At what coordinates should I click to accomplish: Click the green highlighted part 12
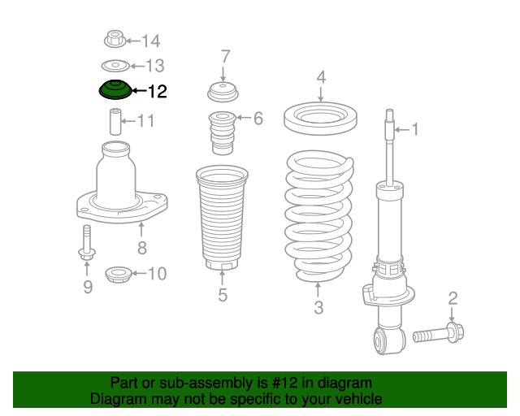click(x=115, y=89)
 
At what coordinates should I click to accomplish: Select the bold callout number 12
click(x=157, y=91)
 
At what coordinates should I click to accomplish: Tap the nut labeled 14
click(x=115, y=39)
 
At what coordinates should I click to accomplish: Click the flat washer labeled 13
click(x=115, y=66)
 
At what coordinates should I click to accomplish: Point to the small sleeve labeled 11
click(x=115, y=121)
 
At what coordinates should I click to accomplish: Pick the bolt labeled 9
click(x=87, y=243)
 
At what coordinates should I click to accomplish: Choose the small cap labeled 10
click(x=118, y=275)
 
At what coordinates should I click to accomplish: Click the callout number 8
click(x=142, y=248)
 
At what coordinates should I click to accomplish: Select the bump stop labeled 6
click(x=222, y=132)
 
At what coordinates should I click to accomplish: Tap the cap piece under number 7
click(x=223, y=92)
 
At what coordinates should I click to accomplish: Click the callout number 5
click(x=223, y=295)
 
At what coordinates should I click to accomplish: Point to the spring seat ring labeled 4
click(x=320, y=118)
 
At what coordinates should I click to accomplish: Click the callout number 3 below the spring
click(x=318, y=307)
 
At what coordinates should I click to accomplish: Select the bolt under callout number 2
click(x=439, y=333)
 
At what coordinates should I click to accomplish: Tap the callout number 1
click(x=415, y=129)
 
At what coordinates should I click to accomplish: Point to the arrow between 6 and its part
click(x=243, y=118)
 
